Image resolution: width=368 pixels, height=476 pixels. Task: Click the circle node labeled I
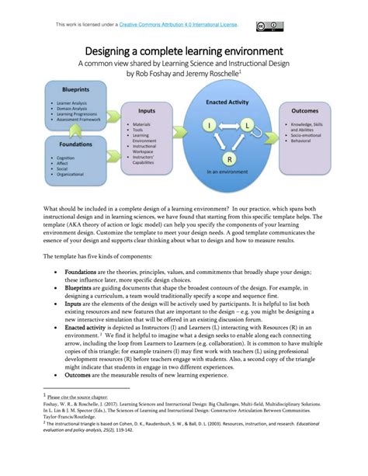[x=209, y=124]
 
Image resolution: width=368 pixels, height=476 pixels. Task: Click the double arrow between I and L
[x=227, y=124]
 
